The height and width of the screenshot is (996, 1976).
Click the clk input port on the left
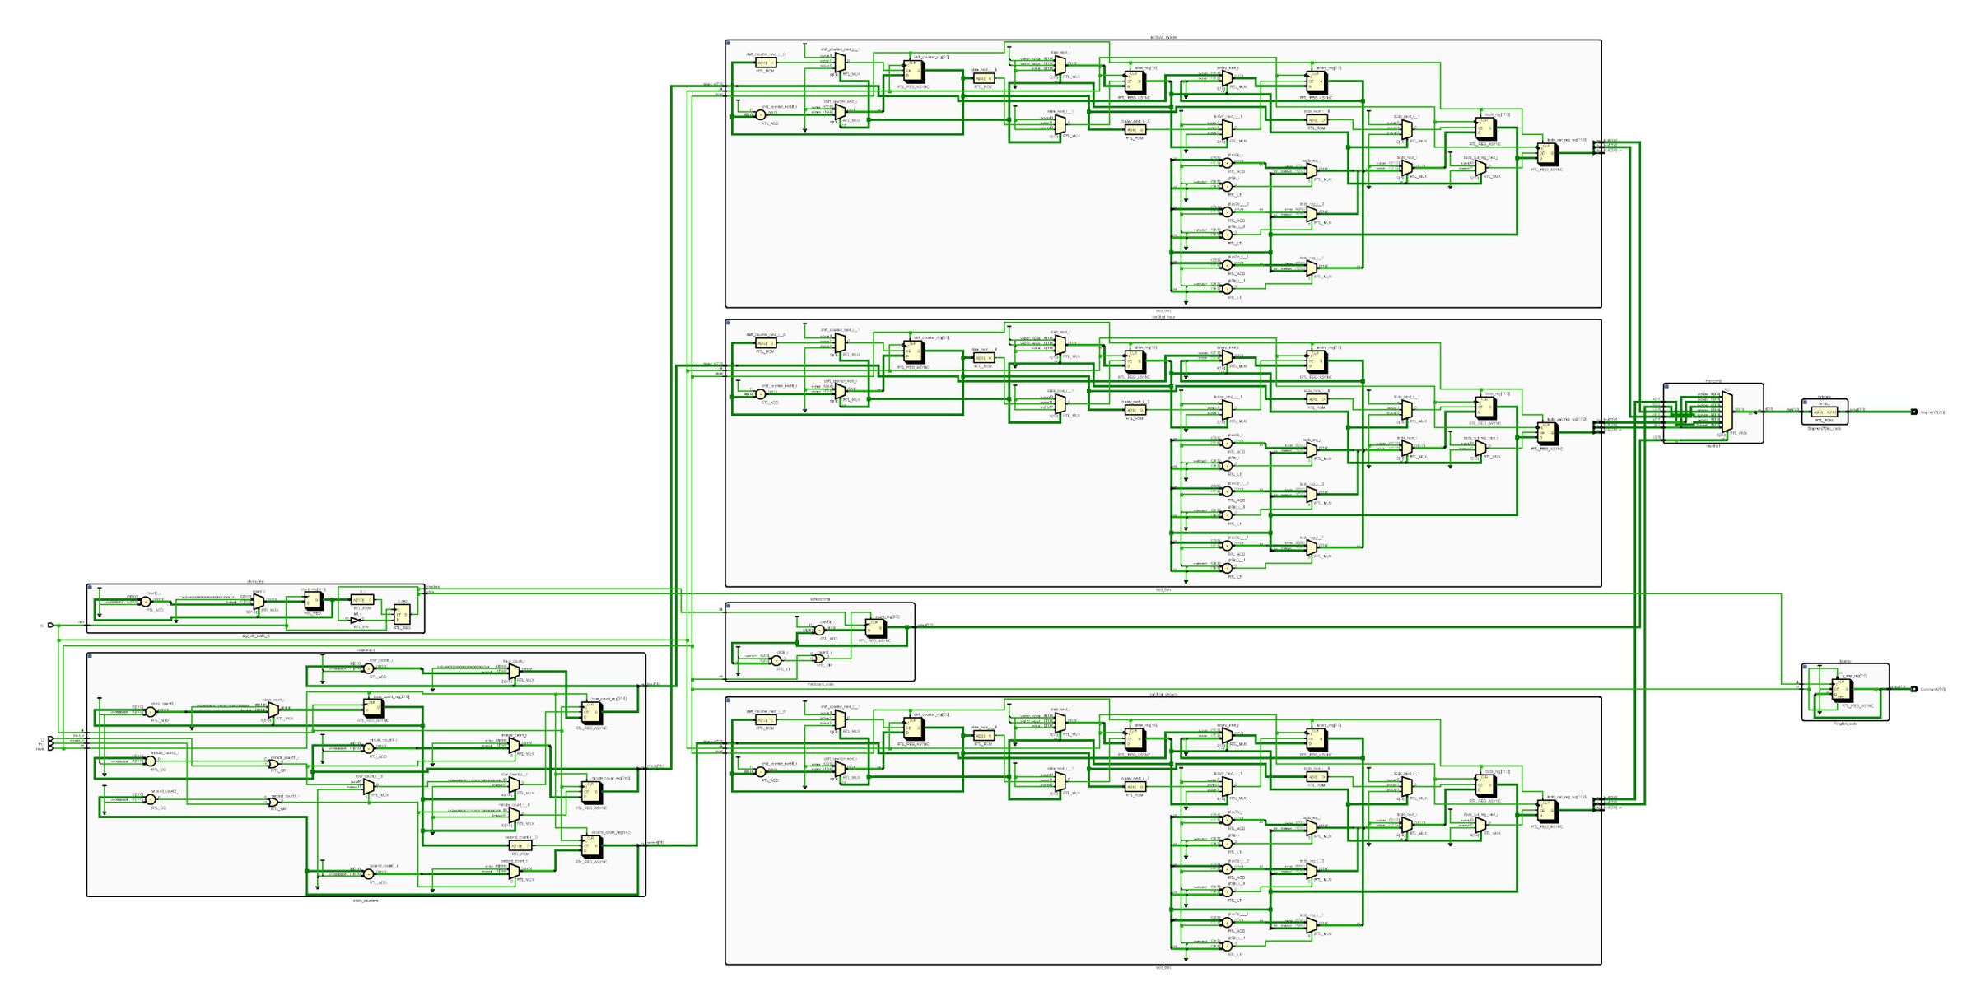(50, 625)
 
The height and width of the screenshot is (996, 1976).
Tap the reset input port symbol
(50, 748)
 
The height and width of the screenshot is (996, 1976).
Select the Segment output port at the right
(1914, 412)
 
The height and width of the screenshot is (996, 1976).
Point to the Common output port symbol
(1914, 689)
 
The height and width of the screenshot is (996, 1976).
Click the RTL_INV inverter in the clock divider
(355, 621)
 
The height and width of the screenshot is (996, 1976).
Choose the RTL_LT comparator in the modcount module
(776, 661)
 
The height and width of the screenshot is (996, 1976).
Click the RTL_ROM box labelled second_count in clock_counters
(520, 845)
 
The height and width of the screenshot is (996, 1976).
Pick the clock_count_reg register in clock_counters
(374, 708)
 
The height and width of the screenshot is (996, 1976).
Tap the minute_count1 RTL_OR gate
(273, 764)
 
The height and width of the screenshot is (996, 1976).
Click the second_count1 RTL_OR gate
(273, 802)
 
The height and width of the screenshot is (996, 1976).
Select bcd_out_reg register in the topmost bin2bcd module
(1548, 154)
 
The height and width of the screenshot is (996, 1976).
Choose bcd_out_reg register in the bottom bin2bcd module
(1548, 811)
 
